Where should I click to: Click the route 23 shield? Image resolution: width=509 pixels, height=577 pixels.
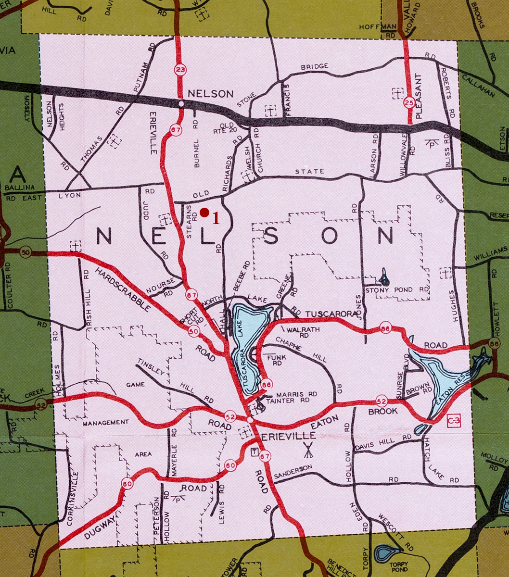pos(180,71)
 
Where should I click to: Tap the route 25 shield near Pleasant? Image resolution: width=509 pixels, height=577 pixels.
pos(409,102)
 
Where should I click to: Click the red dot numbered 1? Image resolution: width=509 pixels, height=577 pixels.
pos(204,212)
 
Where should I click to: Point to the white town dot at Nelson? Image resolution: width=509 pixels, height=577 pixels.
pos(181,103)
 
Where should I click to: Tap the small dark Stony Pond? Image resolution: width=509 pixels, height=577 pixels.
pos(384,277)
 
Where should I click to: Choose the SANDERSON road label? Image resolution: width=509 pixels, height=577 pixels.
pos(293,472)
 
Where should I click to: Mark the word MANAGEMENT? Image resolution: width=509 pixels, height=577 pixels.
pos(106,423)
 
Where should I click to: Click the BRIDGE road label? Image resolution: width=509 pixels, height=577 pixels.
pos(315,66)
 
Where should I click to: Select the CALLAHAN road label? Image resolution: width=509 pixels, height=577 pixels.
pos(479,85)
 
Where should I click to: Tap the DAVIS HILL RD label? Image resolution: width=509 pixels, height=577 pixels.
pos(383,443)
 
